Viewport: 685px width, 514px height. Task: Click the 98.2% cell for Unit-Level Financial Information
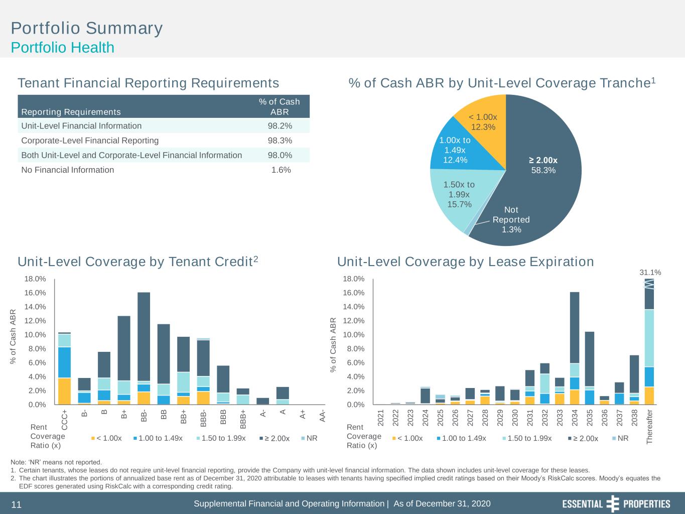point(280,126)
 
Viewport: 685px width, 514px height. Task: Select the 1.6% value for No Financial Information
point(281,170)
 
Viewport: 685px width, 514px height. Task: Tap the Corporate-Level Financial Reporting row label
point(90,141)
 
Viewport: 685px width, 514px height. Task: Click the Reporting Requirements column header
point(71,112)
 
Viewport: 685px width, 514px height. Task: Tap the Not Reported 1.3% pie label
point(511,219)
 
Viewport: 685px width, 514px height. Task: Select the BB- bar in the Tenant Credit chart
point(144,348)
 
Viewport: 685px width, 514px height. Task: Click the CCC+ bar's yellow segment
point(64,391)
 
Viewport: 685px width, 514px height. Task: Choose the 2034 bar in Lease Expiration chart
point(575,348)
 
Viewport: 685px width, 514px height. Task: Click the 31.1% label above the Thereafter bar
point(650,273)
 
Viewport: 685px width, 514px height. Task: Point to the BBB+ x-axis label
point(243,419)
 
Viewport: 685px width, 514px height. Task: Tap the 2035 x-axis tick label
point(590,418)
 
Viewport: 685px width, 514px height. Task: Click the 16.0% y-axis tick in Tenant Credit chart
point(35,293)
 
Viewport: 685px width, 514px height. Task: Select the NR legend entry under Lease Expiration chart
point(620,438)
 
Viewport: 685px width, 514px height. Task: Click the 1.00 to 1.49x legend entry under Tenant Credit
point(158,438)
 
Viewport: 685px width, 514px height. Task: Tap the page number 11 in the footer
point(16,504)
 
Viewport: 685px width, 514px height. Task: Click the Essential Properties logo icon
point(613,503)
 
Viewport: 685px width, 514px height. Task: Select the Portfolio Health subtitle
point(63,48)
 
